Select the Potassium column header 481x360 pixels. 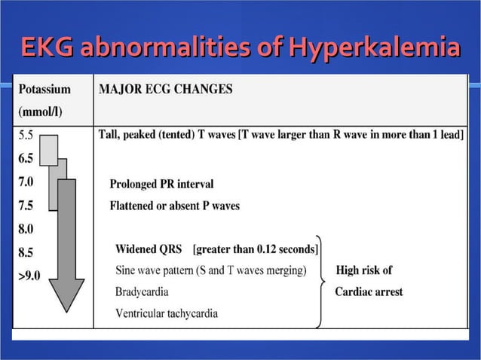[44, 89]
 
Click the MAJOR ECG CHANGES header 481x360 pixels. [166, 89]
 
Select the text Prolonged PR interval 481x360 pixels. [161, 184]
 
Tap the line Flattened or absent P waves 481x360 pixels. [175, 206]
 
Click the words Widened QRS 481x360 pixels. [149, 249]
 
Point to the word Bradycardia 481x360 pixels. [142, 291]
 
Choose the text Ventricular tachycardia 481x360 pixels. [167, 313]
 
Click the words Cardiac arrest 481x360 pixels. [369, 291]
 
